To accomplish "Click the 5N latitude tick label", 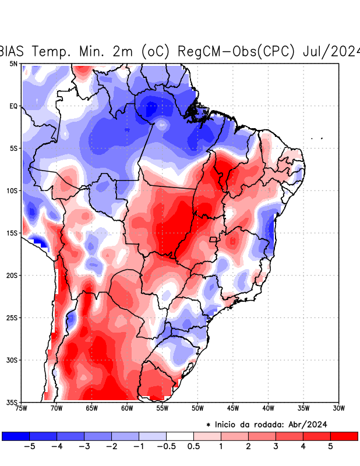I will [13, 63].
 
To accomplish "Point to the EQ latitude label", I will [13, 106].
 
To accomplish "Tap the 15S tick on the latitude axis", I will [12, 233].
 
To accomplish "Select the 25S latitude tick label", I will [12, 317].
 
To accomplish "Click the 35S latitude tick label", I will [12, 403].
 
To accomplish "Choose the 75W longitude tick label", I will [21, 408].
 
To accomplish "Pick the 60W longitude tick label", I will [127, 408].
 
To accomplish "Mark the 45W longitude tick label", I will [233, 408].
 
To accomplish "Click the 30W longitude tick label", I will [339, 408].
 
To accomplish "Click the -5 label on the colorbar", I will [29, 447].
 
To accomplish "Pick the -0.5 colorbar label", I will [167, 447].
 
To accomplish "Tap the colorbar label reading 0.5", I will [194, 447].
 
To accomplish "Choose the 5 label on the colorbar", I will [331, 447].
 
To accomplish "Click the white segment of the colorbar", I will [180, 436].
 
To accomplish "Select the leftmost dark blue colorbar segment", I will [16, 436].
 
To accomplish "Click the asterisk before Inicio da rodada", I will [208, 425].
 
